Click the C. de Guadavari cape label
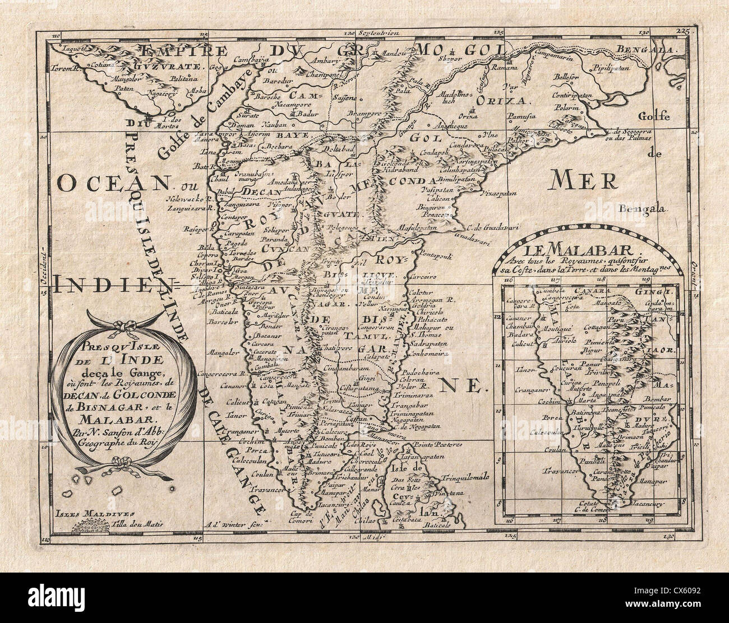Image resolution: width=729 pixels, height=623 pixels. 475,226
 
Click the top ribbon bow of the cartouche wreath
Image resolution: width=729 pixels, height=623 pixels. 121,325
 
